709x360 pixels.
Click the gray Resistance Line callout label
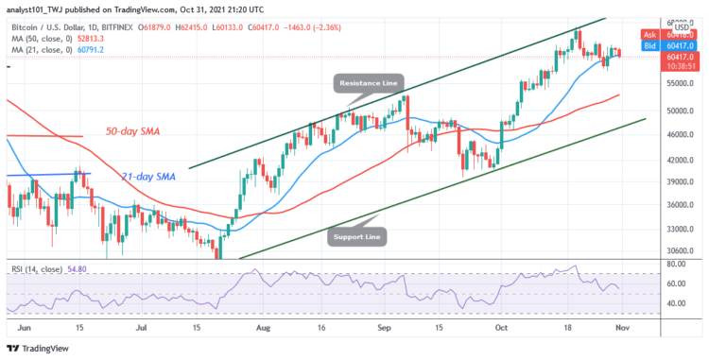click(368, 84)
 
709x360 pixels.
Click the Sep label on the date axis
click(385, 325)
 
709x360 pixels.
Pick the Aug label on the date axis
click(263, 325)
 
